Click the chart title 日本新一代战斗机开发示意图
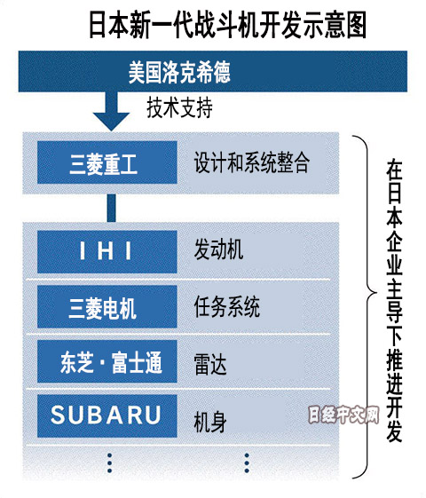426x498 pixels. click(227, 25)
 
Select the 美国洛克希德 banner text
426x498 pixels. click(179, 72)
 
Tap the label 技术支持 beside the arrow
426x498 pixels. click(179, 107)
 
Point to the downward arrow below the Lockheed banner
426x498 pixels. click(111, 111)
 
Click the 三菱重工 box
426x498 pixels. click(107, 162)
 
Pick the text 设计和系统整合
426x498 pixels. click(252, 162)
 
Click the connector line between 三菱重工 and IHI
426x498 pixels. click(111, 208)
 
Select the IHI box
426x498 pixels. click(107, 251)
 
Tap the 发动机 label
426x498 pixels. click(218, 249)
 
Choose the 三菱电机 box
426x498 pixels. click(107, 306)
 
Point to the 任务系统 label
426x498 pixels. click(227, 307)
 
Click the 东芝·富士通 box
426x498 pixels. click(107, 361)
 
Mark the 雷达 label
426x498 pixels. click(210, 364)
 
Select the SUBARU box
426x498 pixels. click(107, 415)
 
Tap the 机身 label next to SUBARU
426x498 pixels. click(210, 422)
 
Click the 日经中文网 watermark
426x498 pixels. click(343, 415)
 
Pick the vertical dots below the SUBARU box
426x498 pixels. click(109, 463)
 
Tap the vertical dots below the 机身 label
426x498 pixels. click(247, 463)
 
